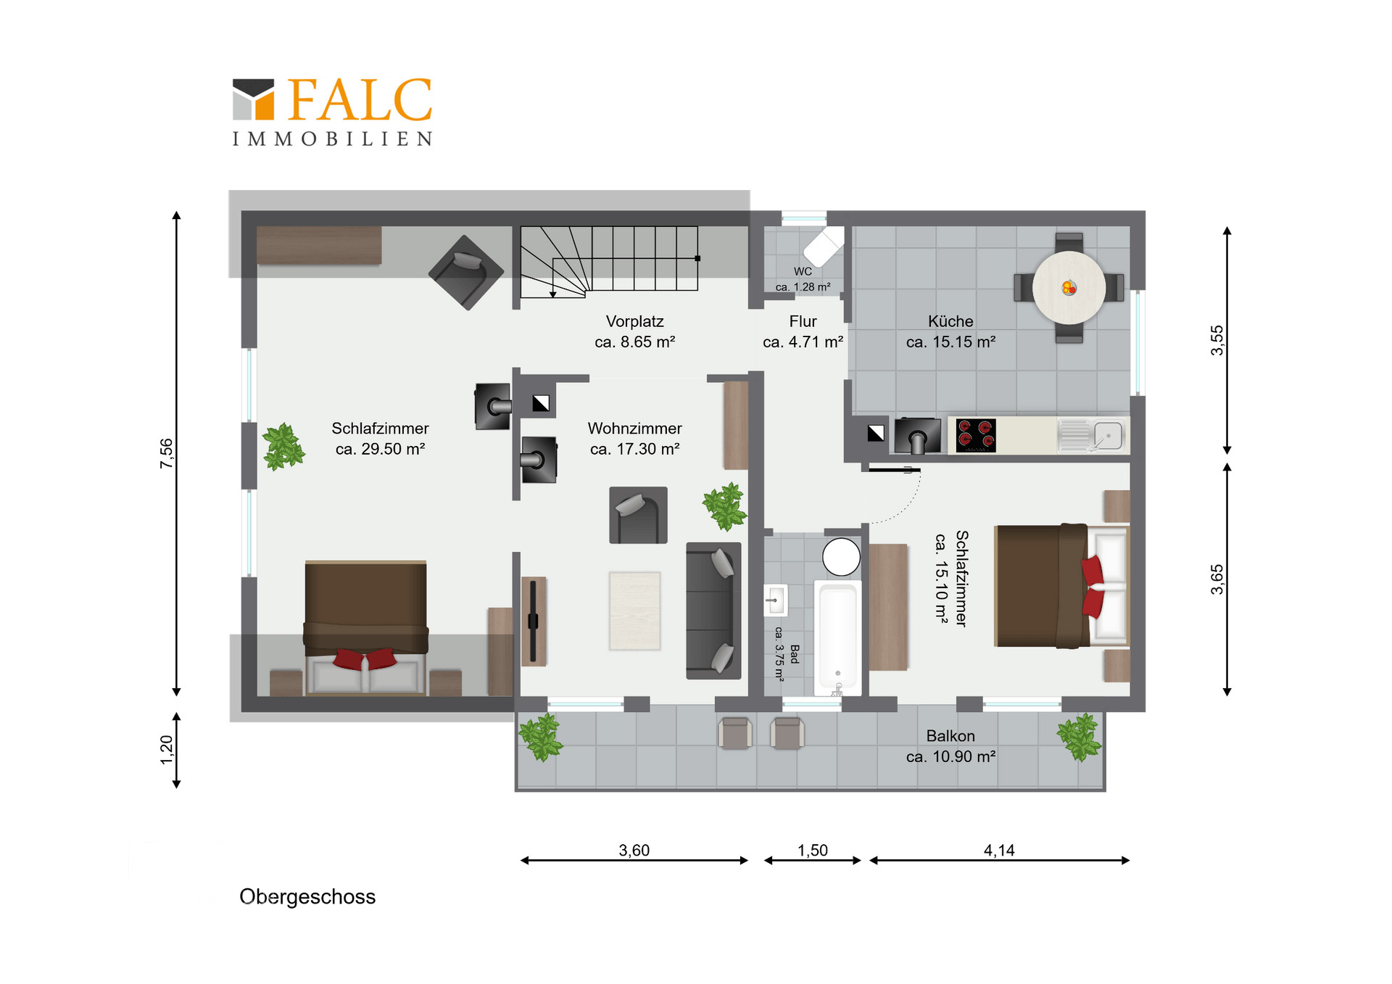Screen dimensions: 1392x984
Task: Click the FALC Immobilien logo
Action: (333, 112)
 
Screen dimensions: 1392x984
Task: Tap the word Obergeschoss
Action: (307, 897)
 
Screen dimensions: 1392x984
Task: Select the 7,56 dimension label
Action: (167, 453)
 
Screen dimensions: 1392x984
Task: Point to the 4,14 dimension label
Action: (999, 850)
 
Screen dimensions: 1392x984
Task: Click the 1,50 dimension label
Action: (813, 850)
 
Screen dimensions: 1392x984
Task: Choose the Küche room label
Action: (950, 321)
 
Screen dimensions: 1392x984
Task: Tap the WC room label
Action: (803, 271)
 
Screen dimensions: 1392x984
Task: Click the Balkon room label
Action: (950, 736)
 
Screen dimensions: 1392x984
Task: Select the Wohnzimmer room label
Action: (634, 429)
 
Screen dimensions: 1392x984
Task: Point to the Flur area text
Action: (803, 342)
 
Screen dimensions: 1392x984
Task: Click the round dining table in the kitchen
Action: (1069, 287)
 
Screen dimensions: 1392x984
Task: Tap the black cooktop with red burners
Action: (975, 435)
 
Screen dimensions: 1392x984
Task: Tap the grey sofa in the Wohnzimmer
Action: (713, 611)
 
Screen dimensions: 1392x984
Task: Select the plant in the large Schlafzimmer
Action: (283, 447)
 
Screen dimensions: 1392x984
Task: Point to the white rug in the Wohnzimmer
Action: (634, 611)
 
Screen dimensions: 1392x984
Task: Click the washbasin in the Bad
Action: (775, 600)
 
